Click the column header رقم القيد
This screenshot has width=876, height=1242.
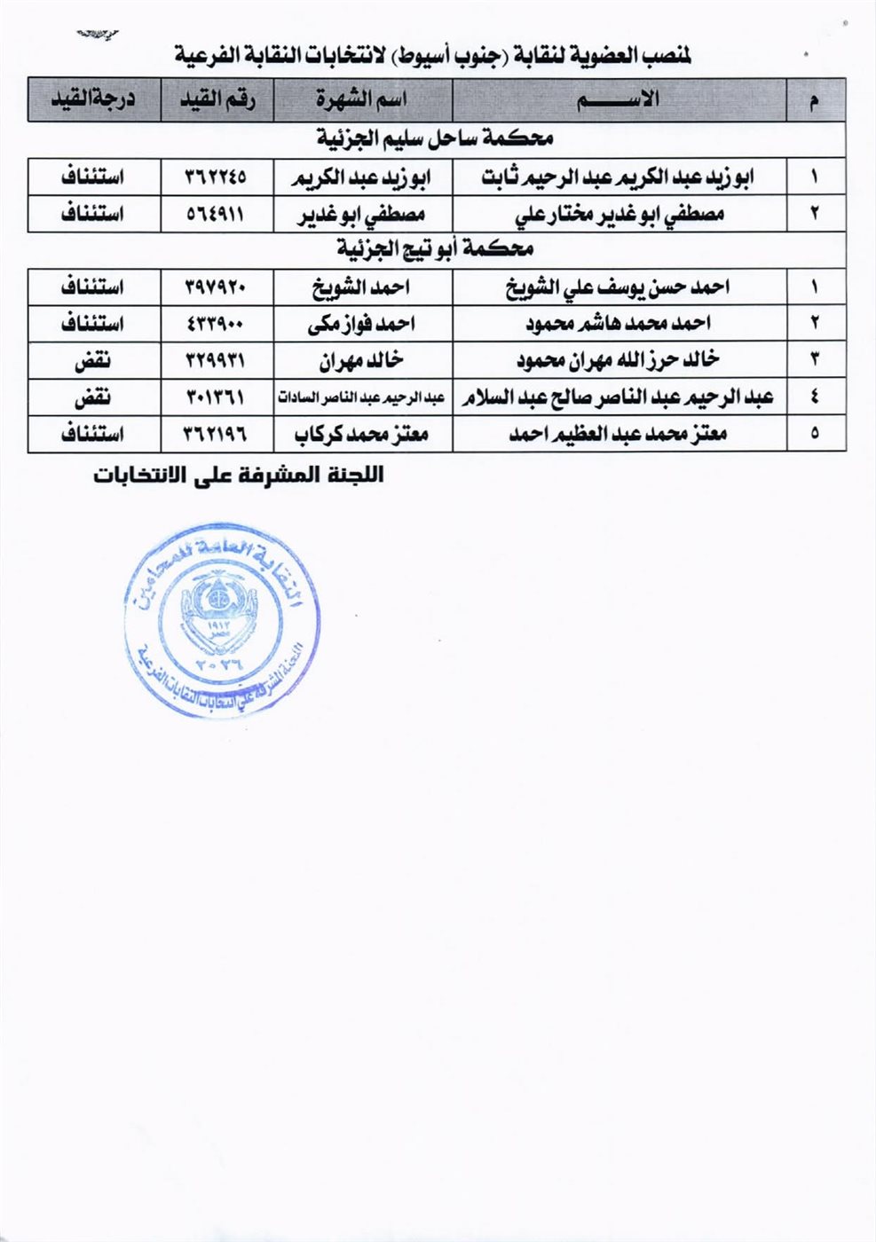[x=216, y=100]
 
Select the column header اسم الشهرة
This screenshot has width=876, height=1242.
[x=361, y=100]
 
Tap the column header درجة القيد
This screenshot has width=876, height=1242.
[x=93, y=100]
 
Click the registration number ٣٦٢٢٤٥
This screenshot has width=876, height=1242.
[x=216, y=177]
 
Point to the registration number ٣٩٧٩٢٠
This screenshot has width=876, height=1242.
[x=216, y=287]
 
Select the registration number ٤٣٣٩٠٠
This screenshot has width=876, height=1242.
[x=216, y=324]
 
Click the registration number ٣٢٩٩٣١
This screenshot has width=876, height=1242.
[x=216, y=360]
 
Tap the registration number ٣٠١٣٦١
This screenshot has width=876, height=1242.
[x=216, y=397]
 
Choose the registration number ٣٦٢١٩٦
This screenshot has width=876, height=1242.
[x=216, y=434]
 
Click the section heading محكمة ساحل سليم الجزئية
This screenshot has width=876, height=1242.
[x=435, y=139]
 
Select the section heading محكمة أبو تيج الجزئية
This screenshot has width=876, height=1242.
[x=435, y=249]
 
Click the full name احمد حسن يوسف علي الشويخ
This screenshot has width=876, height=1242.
[x=620, y=287]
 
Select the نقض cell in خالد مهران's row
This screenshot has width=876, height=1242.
[x=92, y=360]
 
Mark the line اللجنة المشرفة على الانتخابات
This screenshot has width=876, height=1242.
[x=239, y=475]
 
